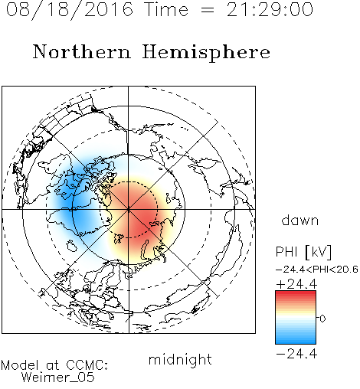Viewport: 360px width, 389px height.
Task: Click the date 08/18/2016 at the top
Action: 70,10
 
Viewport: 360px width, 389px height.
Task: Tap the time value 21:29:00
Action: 270,9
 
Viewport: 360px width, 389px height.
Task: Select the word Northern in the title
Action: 82,52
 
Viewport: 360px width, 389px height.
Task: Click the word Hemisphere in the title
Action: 206,53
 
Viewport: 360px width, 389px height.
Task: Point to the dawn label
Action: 300,221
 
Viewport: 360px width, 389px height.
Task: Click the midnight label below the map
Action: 180,360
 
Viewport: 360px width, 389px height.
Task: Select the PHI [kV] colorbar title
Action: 303,252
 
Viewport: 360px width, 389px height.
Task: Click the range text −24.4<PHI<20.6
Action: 317,270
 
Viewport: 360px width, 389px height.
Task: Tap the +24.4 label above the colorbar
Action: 296,284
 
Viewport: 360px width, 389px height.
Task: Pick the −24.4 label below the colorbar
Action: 296,354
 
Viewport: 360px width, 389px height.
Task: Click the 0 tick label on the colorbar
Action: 322,319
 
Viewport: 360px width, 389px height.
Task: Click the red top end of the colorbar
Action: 296,293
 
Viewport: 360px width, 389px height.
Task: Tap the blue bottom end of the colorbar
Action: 296,342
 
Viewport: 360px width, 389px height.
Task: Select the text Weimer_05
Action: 58,378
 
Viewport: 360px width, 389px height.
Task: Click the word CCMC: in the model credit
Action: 87,365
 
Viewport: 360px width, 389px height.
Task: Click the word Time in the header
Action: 166,9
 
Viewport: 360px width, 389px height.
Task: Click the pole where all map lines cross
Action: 129,209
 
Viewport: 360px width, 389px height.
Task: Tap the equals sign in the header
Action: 208,10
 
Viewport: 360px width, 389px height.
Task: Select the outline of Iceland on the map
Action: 72,246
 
